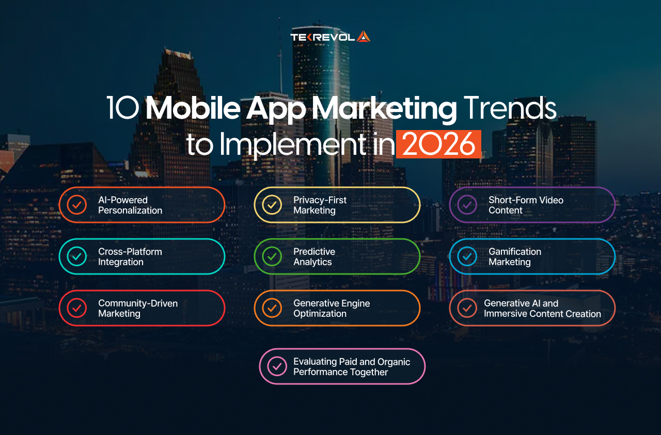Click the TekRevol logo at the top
(x=330, y=37)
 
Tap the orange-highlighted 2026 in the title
(x=438, y=144)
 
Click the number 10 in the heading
(x=122, y=109)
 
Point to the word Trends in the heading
(x=510, y=109)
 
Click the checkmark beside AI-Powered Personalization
(x=76, y=205)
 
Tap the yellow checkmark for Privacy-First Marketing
(x=272, y=205)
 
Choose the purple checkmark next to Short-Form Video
(x=467, y=205)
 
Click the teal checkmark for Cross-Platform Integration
(x=76, y=256)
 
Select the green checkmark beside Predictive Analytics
(x=272, y=256)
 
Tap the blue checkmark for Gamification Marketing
(x=467, y=256)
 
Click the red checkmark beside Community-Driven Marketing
(x=76, y=308)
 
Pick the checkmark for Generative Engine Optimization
(x=272, y=308)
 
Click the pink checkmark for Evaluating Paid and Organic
(x=277, y=366)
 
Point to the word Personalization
(x=130, y=211)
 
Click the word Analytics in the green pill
(x=312, y=262)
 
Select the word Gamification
(x=515, y=251)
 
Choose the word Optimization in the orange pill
(x=320, y=314)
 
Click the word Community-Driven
(x=138, y=303)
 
